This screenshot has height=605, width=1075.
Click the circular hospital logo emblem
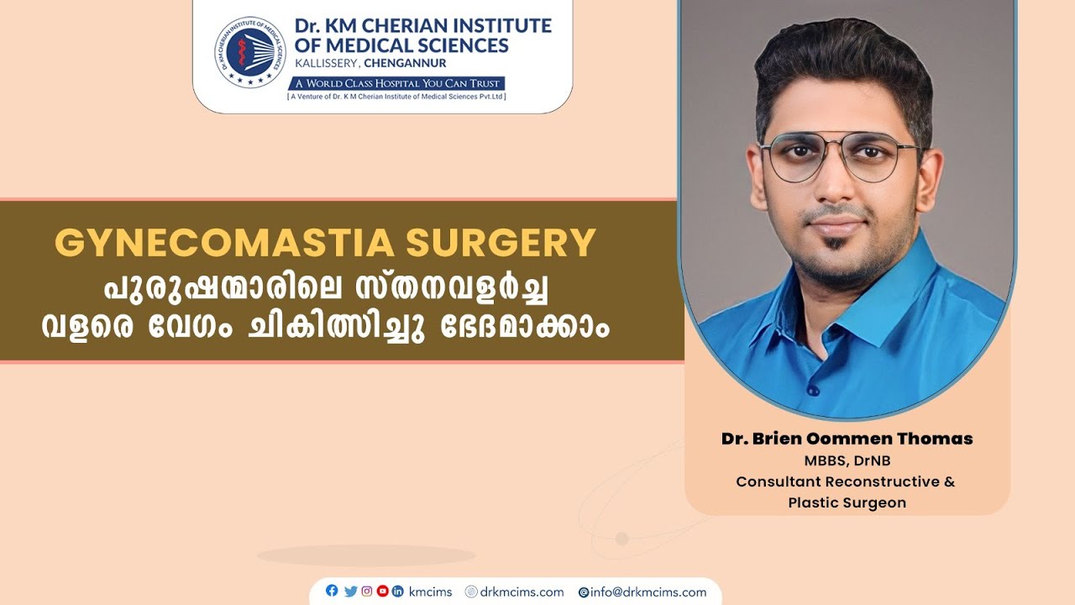pos(250,52)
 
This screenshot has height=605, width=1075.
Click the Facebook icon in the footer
pos(332,591)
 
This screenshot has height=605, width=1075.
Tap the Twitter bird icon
pos(350,591)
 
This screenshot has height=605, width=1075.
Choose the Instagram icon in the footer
pos(366,591)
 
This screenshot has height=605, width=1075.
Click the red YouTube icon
pos(382,591)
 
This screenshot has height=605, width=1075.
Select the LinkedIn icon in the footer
pos(398,591)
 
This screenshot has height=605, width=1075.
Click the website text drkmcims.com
pos(521,592)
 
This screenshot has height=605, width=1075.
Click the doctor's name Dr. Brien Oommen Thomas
pos(847,439)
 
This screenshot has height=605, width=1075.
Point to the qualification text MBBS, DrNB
pos(846,461)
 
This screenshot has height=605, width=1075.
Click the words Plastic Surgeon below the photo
pos(847,502)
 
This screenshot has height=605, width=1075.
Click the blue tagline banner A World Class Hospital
pos(396,83)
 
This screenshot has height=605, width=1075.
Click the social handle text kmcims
pos(430,592)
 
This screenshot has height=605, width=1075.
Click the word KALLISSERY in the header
pos(329,63)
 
